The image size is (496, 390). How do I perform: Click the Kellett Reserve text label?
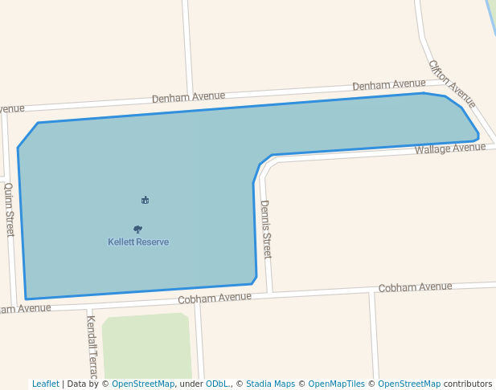[138, 242]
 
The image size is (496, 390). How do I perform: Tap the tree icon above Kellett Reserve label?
[137, 229]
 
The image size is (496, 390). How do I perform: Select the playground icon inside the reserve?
[145, 200]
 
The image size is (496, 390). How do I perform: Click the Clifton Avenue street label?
[452, 83]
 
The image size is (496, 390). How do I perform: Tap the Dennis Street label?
[266, 229]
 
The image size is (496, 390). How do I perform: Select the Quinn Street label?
[10, 209]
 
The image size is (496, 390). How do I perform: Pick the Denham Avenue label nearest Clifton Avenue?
[388, 84]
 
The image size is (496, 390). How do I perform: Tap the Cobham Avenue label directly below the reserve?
[215, 297]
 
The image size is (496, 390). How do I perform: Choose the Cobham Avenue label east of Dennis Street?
[415, 286]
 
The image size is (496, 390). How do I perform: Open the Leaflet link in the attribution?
[45, 384]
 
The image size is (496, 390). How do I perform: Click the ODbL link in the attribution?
[217, 384]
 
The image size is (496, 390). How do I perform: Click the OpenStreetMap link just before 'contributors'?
[409, 384]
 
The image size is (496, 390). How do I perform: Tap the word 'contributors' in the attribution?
[468, 384]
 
